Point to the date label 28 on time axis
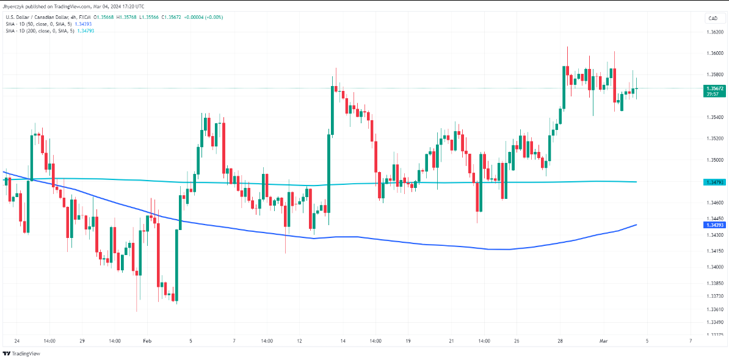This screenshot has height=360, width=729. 560,340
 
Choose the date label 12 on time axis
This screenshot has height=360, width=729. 299,340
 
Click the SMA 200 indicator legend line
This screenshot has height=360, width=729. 39,30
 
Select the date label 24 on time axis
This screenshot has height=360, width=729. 16,340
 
